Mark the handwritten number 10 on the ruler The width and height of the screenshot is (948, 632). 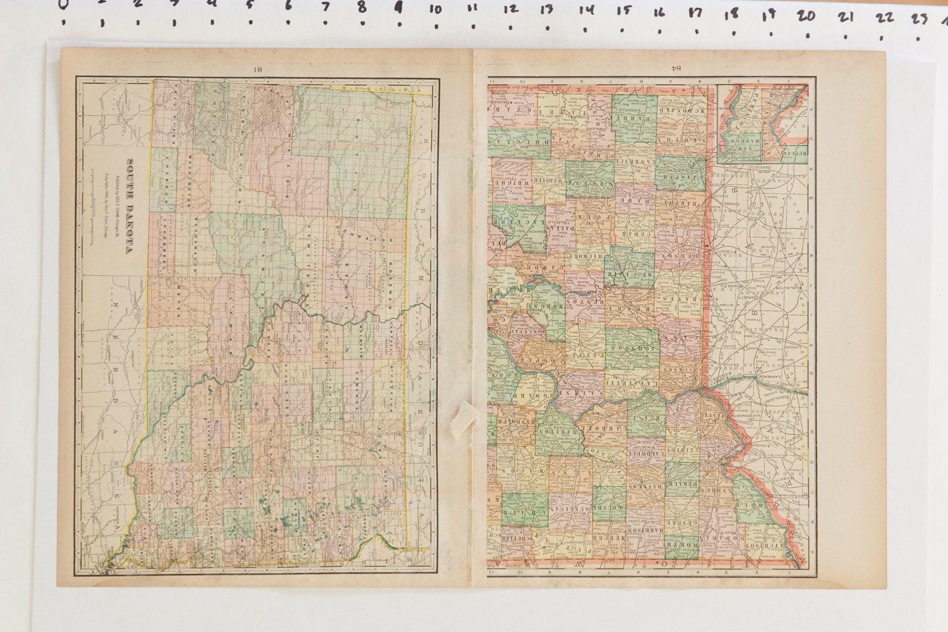click(x=435, y=10)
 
